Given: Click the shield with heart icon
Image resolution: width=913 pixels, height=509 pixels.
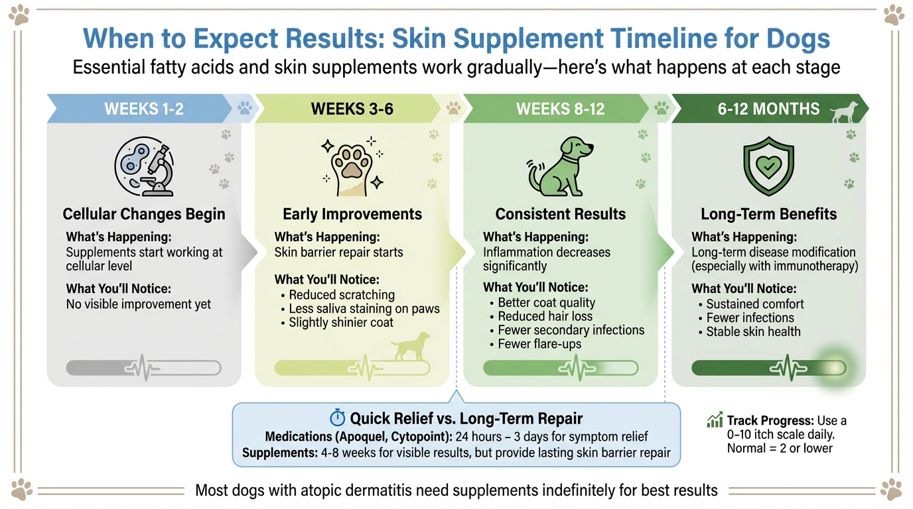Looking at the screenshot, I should click(768, 168).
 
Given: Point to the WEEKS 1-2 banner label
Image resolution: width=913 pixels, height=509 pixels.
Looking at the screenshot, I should click(144, 109).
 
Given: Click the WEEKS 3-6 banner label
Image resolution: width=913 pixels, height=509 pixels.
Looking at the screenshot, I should click(352, 109).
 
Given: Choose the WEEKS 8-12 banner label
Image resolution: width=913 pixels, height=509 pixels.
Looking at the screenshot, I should click(561, 109).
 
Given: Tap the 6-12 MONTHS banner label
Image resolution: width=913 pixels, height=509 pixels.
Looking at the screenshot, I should click(768, 109).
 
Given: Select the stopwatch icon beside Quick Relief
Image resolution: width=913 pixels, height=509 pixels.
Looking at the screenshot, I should click(338, 418).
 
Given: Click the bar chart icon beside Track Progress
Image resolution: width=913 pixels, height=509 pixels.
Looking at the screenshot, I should click(715, 420).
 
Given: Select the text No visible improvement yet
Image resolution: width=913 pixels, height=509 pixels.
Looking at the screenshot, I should click(139, 305).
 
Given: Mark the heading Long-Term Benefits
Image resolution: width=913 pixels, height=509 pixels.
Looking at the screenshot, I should click(768, 214).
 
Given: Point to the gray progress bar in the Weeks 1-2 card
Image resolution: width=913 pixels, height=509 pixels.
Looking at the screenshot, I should click(144, 368).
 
